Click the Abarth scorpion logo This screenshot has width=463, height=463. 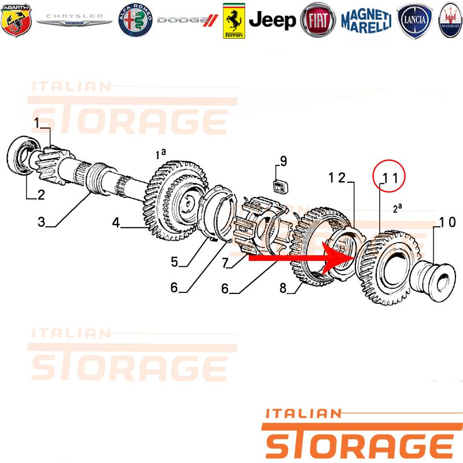click(x=16, y=20)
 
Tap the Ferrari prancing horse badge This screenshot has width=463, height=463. click(x=234, y=21)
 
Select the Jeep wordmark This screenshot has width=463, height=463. click(x=272, y=20)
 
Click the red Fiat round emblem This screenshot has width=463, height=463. click(x=318, y=20)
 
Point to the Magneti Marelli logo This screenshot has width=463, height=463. click(x=366, y=21)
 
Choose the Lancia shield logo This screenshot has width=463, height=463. click(x=414, y=21)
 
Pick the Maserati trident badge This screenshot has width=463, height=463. click(x=450, y=20)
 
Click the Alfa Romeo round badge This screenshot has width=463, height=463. click(x=135, y=20)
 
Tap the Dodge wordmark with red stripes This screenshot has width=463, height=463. click(x=188, y=20)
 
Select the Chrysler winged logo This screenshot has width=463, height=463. click(x=75, y=20)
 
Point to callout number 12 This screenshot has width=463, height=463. click(x=337, y=178)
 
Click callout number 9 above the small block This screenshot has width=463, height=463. click(x=284, y=161)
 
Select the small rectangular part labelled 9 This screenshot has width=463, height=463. click(x=280, y=186)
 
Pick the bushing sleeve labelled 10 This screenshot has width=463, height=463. click(x=433, y=279)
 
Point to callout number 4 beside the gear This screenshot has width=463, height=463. click(x=116, y=222)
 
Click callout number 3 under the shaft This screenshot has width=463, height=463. click(x=41, y=222)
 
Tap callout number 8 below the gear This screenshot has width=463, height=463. click(x=283, y=288)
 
